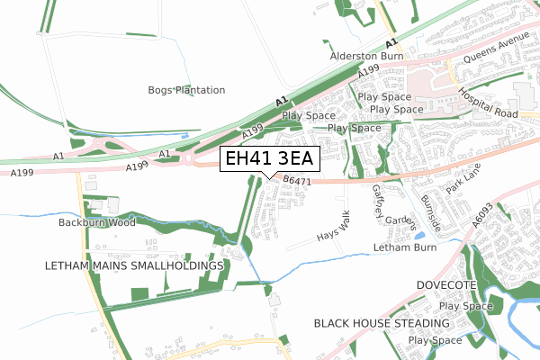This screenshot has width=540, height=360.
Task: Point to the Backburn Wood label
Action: coord(96,222)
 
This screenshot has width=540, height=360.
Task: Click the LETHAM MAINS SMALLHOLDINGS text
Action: coord(133,266)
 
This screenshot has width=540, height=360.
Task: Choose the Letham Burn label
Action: coord(405,247)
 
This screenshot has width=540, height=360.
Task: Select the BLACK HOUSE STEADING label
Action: coord(381,322)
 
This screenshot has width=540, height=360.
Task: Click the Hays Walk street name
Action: coord(332,226)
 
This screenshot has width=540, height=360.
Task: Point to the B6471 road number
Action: coord(295,181)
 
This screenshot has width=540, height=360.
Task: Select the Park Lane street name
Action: coord(466,175)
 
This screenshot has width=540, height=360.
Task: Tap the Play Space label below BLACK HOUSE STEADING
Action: coord(436,341)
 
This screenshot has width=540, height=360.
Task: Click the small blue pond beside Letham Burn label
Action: coord(419,236)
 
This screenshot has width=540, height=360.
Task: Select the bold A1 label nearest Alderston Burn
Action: coord(391,43)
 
